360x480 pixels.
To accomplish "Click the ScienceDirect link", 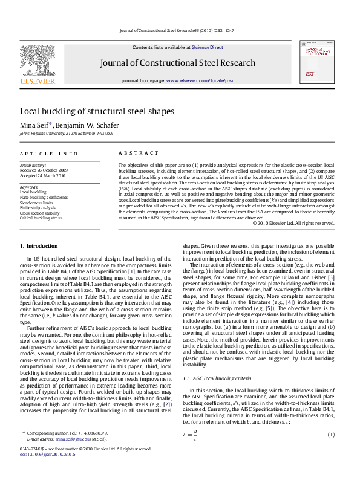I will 208,47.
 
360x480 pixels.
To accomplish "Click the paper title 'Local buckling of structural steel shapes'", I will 97,111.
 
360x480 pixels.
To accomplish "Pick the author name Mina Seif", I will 36,125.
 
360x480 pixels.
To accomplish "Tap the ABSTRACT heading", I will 138,154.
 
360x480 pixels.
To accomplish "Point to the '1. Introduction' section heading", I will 39,246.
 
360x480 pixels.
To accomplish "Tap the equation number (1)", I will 331,435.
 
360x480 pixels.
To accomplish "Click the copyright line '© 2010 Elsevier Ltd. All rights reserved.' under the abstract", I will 293,223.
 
